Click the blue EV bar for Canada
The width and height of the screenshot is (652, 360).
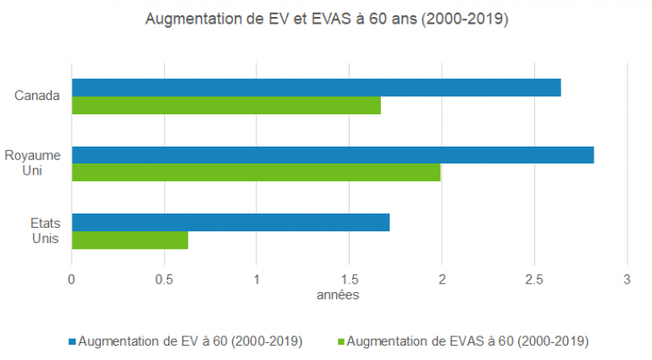316,87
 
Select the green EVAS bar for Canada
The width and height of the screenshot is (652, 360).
226,105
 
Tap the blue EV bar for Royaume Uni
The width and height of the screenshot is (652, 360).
333,155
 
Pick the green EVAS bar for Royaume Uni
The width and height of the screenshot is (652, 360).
256,173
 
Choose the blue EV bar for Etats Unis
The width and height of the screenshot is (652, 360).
230,223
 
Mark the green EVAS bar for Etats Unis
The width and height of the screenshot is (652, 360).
130,241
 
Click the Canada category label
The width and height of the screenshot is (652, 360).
37,95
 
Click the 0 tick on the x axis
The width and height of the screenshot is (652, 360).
72,279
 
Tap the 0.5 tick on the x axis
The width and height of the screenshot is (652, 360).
163,279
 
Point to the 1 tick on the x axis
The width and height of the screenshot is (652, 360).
257,279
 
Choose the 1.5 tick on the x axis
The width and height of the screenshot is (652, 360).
349,279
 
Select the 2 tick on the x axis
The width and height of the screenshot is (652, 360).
441,279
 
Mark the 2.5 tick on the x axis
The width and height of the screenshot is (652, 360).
533,279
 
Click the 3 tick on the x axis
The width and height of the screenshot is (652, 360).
627,279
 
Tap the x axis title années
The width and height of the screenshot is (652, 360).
338,295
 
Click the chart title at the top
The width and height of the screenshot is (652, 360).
326,19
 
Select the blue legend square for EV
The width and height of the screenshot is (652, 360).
71,341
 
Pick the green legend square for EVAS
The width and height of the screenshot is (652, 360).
342,341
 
